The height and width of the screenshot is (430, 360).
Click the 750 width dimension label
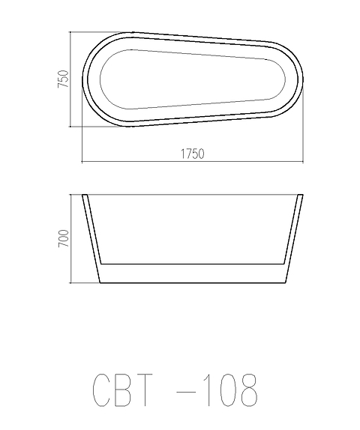[63, 79]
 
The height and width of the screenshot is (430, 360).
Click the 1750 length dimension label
[193, 154]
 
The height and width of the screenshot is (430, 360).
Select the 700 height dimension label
[64, 238]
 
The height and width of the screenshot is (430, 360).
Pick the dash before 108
[186, 392]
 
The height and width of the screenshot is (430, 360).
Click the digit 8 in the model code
[249, 390]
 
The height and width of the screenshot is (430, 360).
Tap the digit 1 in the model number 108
[207, 390]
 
